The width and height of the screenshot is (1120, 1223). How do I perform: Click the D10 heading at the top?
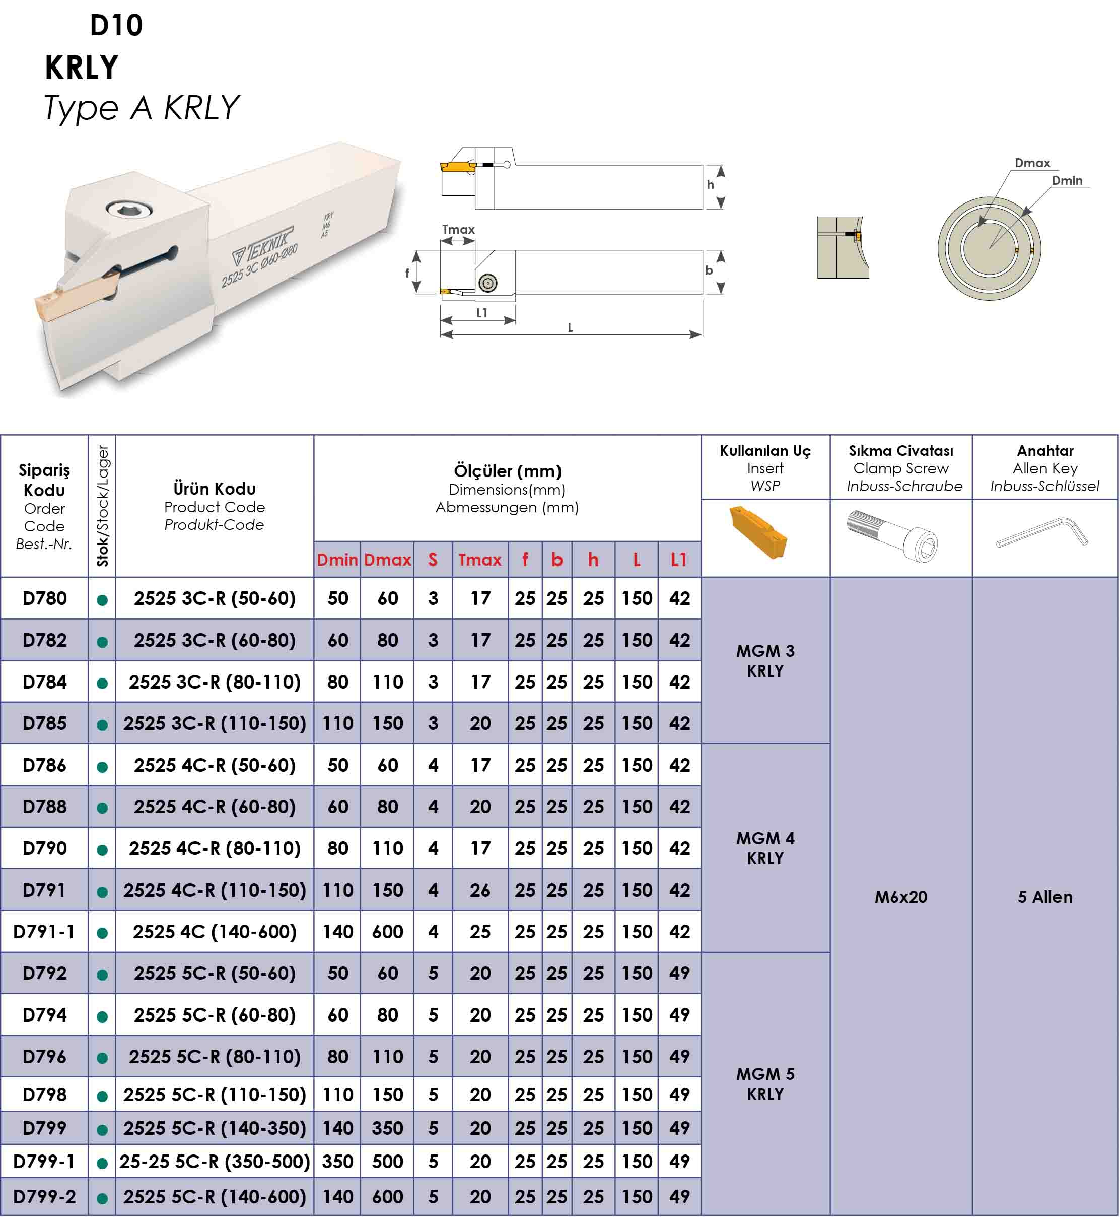point(116,26)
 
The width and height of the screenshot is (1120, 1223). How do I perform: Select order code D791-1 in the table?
point(44,932)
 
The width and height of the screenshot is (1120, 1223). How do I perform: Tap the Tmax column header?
point(479,559)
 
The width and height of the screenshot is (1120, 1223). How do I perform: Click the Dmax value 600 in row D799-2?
point(387,1197)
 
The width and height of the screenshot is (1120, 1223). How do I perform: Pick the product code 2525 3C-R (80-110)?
point(215,682)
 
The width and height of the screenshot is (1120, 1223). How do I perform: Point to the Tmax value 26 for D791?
point(479,890)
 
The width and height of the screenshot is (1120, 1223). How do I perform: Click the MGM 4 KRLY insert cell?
point(765,848)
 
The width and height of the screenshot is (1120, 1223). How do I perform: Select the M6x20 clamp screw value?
point(900,897)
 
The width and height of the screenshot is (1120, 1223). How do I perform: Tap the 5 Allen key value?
point(1045,897)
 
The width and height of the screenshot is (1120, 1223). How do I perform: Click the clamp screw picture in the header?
point(892,534)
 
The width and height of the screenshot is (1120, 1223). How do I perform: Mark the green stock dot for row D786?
point(102,767)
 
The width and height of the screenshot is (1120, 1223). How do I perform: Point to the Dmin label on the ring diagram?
point(1067,180)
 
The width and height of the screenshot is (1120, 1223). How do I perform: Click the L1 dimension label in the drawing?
point(481,313)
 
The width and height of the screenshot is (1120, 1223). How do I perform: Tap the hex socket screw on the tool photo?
point(125,210)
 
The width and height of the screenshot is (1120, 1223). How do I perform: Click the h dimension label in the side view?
point(710,185)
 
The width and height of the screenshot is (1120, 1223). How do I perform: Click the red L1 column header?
point(678,559)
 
